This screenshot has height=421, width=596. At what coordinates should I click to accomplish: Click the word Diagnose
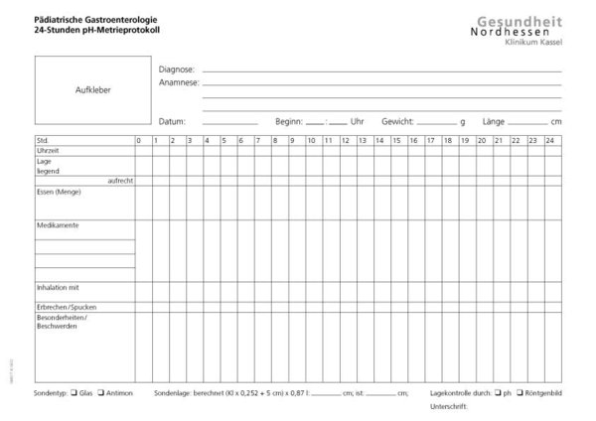(177, 70)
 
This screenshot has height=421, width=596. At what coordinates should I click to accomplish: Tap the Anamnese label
(179, 84)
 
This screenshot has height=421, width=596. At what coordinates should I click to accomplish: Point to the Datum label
(172, 121)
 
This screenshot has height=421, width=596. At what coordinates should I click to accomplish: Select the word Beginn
(289, 121)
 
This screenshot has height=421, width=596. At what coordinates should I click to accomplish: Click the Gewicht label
(397, 121)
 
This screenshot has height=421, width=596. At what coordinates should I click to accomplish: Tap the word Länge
(494, 121)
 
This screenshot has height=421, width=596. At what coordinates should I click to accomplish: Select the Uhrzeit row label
(48, 149)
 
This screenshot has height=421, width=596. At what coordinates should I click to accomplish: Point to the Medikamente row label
(57, 224)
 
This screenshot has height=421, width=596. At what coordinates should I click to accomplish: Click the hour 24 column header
(550, 140)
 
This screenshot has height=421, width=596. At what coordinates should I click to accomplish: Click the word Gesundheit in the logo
(511, 21)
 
